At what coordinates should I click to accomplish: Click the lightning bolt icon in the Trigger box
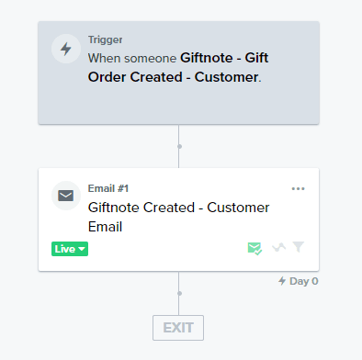66,49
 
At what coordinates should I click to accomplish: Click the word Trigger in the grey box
105,39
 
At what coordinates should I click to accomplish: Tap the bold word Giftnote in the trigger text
207,58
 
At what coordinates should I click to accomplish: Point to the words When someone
132,58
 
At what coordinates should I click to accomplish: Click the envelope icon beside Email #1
66,196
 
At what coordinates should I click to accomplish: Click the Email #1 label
108,188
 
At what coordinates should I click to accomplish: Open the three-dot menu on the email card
298,188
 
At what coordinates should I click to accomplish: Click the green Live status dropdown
70,249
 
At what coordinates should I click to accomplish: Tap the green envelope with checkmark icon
255,248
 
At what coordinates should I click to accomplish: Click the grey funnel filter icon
298,246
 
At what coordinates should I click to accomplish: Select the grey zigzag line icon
279,247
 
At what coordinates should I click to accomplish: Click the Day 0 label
304,281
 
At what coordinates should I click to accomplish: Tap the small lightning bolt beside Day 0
282,281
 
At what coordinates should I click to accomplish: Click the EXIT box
178,328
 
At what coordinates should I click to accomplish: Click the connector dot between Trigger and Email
179,146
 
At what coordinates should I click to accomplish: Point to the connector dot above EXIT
179,293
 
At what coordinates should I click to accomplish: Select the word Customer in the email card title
238,208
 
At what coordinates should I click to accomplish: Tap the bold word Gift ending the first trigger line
256,58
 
